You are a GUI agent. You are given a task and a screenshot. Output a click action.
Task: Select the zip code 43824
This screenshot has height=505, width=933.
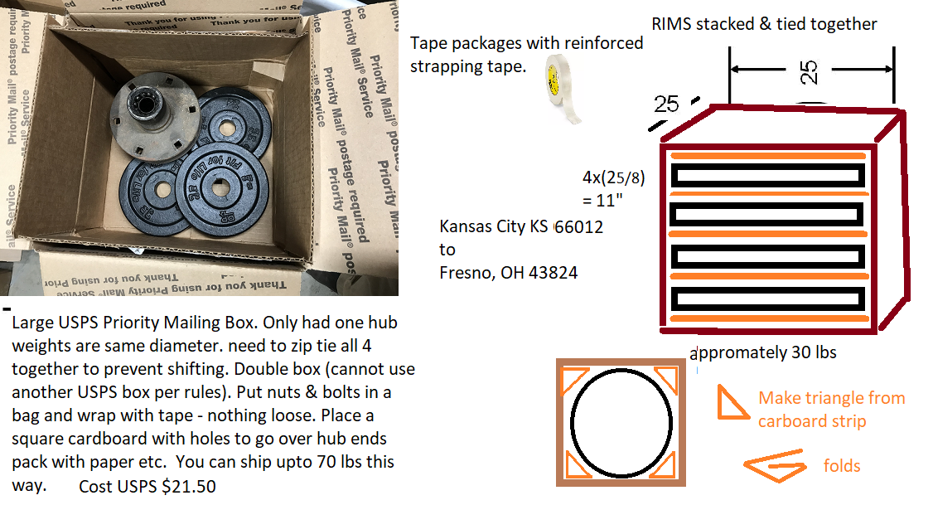tap(546, 272)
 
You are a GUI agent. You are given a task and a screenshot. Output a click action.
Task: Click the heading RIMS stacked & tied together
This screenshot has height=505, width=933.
tap(764, 23)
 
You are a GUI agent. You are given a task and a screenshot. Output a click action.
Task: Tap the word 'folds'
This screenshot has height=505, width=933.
tap(841, 465)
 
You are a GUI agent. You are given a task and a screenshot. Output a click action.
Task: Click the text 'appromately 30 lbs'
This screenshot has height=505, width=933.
tap(764, 352)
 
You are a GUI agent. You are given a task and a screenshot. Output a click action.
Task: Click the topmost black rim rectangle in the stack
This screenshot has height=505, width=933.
tap(767, 175)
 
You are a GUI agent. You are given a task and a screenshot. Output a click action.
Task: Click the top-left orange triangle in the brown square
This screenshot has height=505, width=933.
tap(573, 379)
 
